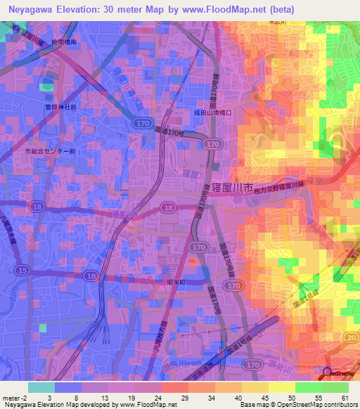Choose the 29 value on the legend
182,397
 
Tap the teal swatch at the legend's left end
41,387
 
